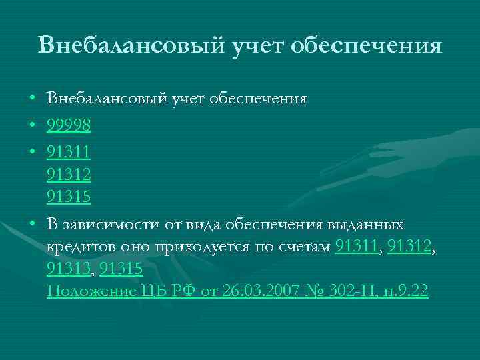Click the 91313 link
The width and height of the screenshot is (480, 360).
point(69,268)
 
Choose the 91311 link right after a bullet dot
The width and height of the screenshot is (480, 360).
point(69,151)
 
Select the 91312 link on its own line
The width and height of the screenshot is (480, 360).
point(69,175)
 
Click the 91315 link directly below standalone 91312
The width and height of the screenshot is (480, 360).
point(69,198)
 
